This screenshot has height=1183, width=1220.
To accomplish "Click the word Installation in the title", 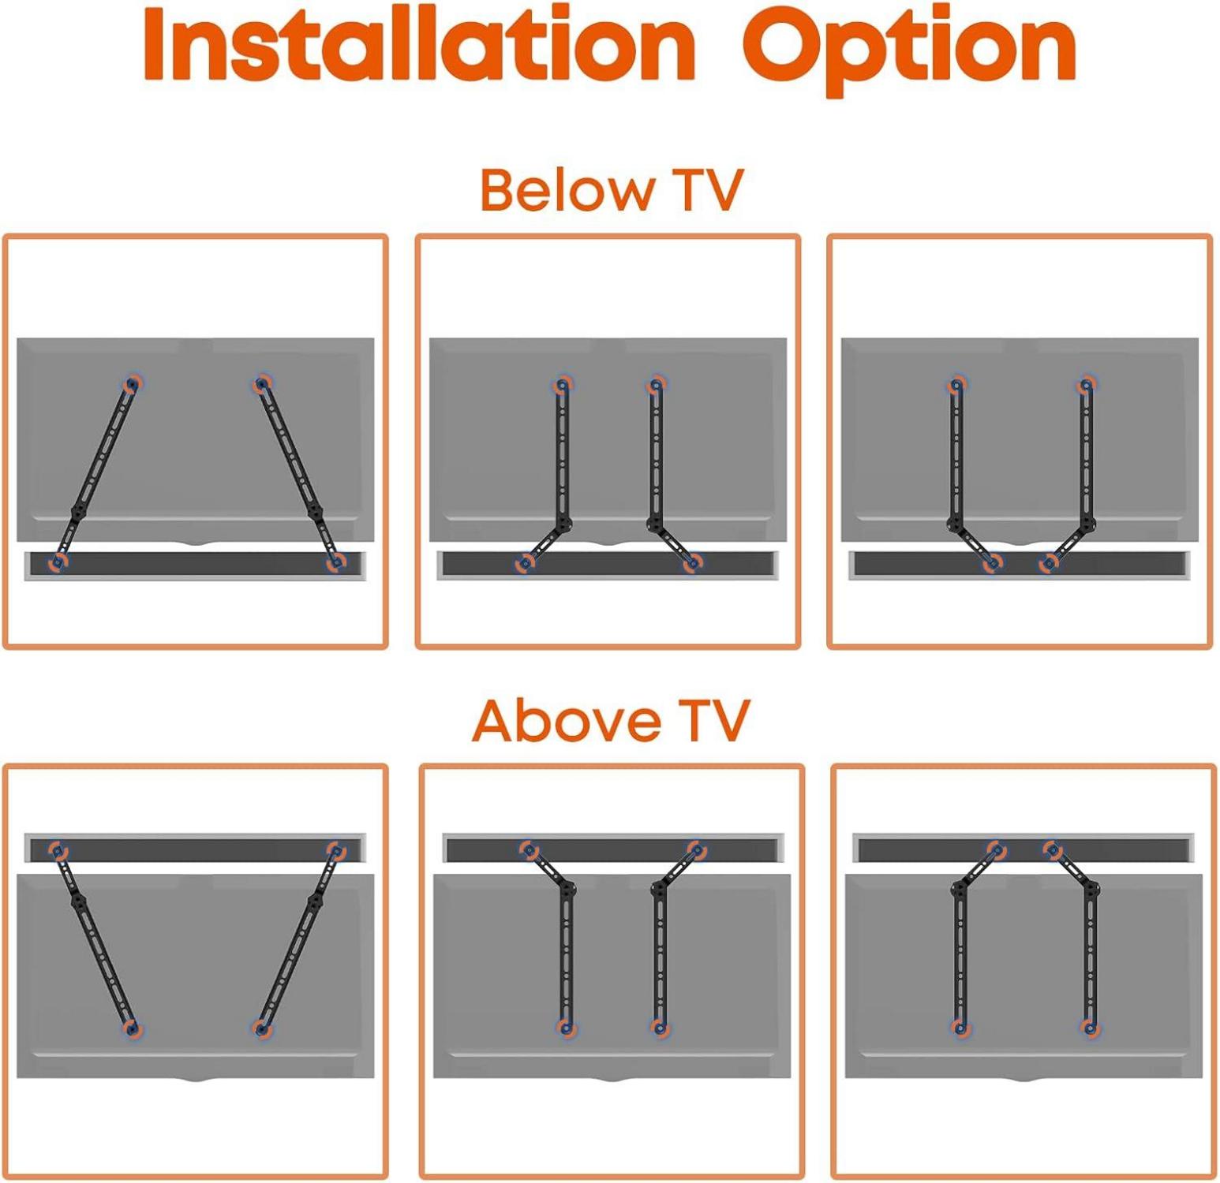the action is [419, 45].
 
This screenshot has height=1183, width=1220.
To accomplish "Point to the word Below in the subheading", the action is [567, 189].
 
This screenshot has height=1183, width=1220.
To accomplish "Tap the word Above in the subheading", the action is [567, 720].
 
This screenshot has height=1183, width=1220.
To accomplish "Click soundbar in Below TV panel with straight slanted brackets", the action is [196, 565].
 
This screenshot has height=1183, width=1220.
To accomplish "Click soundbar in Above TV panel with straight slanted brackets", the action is [196, 849].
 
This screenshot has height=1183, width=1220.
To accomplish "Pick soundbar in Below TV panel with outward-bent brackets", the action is [608, 565].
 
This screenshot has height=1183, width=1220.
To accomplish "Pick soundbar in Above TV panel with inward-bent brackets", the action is [1024, 849].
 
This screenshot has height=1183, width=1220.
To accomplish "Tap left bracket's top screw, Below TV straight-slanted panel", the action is [132, 384].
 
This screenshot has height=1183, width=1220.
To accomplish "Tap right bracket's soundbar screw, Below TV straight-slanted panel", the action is [336, 562].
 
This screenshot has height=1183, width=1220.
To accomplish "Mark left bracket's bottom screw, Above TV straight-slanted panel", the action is [132, 1029].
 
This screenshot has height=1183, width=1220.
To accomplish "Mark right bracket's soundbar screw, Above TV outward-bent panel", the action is [696, 849].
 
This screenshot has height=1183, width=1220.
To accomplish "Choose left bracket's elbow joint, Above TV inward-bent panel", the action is [960, 889].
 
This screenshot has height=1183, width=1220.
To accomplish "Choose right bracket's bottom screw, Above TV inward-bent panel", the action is [1091, 1028].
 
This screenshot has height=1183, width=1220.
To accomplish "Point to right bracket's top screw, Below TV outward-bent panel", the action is [656, 385].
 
